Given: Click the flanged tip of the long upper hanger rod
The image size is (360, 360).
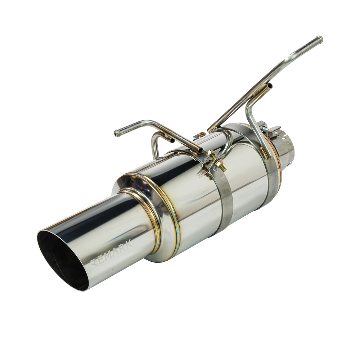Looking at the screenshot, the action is pos(319,39).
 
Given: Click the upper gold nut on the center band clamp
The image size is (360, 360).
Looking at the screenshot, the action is pos(210,153).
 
